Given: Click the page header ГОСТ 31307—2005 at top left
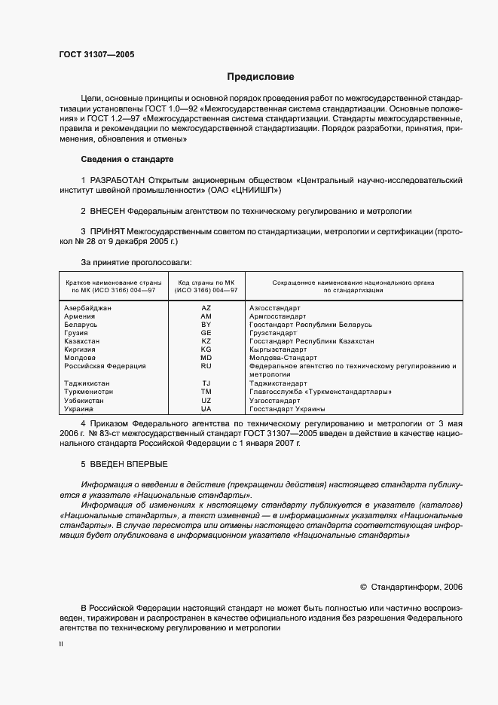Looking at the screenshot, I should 97,54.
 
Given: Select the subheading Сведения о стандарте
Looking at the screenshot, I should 127,160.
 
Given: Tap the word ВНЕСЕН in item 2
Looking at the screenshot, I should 107,212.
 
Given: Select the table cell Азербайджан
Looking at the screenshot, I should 88,308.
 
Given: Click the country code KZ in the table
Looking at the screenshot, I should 206,341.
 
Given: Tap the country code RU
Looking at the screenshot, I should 206,366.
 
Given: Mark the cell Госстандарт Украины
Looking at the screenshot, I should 287,408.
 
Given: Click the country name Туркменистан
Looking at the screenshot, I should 89,392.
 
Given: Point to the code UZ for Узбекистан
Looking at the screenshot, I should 206,400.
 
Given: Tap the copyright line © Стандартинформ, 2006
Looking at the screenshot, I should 412,586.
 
